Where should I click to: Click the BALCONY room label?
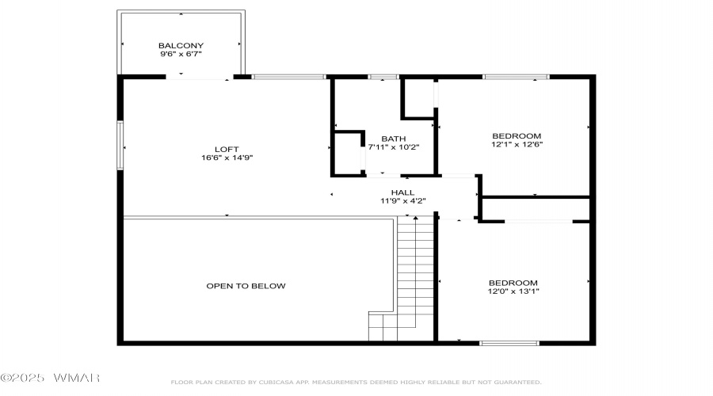pos(181,45)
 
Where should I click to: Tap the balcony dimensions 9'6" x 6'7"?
pos(181,54)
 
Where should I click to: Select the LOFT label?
pos(227,149)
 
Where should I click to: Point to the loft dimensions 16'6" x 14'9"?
pos(227,158)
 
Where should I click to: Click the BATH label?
pos(394,139)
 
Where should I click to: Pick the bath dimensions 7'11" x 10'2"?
pos(394,147)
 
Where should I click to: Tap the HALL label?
pos(403,192)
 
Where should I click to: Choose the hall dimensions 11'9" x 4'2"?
pos(403,200)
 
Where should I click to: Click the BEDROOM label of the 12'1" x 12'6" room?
pos(517,136)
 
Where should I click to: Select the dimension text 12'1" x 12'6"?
pos(517,144)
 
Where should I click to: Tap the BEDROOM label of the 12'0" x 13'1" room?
pos(513,283)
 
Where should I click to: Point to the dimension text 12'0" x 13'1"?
pos(513,291)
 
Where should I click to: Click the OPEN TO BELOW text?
pos(246,286)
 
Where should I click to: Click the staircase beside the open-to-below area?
pos(415,277)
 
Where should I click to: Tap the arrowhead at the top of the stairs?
pos(415,219)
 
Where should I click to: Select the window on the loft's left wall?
pos(120,145)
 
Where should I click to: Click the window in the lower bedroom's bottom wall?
pos(509,343)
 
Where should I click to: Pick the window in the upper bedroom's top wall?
pos(516,77)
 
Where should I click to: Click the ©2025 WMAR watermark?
pos(50,378)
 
